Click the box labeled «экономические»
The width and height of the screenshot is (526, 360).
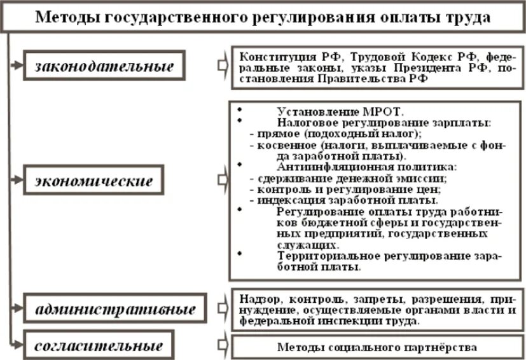click(x=93, y=181)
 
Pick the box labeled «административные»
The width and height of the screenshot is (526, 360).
click(x=115, y=311)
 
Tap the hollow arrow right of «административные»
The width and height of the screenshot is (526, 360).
click(x=222, y=311)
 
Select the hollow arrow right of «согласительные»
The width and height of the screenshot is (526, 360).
click(x=222, y=347)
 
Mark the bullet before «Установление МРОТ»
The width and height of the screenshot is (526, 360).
click(x=239, y=108)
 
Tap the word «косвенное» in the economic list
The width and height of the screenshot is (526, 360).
click(x=280, y=145)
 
